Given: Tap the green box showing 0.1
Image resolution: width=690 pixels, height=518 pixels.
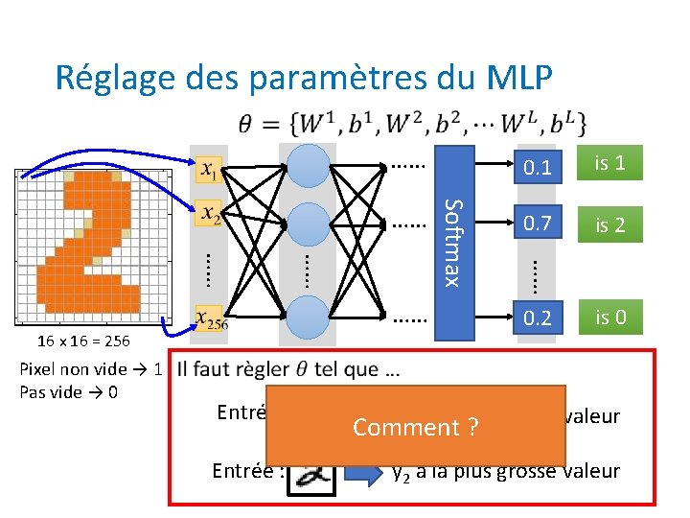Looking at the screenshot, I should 539,166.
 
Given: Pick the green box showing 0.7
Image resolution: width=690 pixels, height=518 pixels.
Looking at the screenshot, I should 539,225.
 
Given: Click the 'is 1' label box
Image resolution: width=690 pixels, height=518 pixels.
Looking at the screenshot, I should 609,164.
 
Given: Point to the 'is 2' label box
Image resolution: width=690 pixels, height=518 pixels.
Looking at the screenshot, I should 609,225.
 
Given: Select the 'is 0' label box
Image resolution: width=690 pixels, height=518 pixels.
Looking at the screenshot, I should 609,317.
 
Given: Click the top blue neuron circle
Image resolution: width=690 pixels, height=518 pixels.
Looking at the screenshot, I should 309,166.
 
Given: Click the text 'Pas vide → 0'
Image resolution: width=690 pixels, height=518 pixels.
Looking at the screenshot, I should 68,392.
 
